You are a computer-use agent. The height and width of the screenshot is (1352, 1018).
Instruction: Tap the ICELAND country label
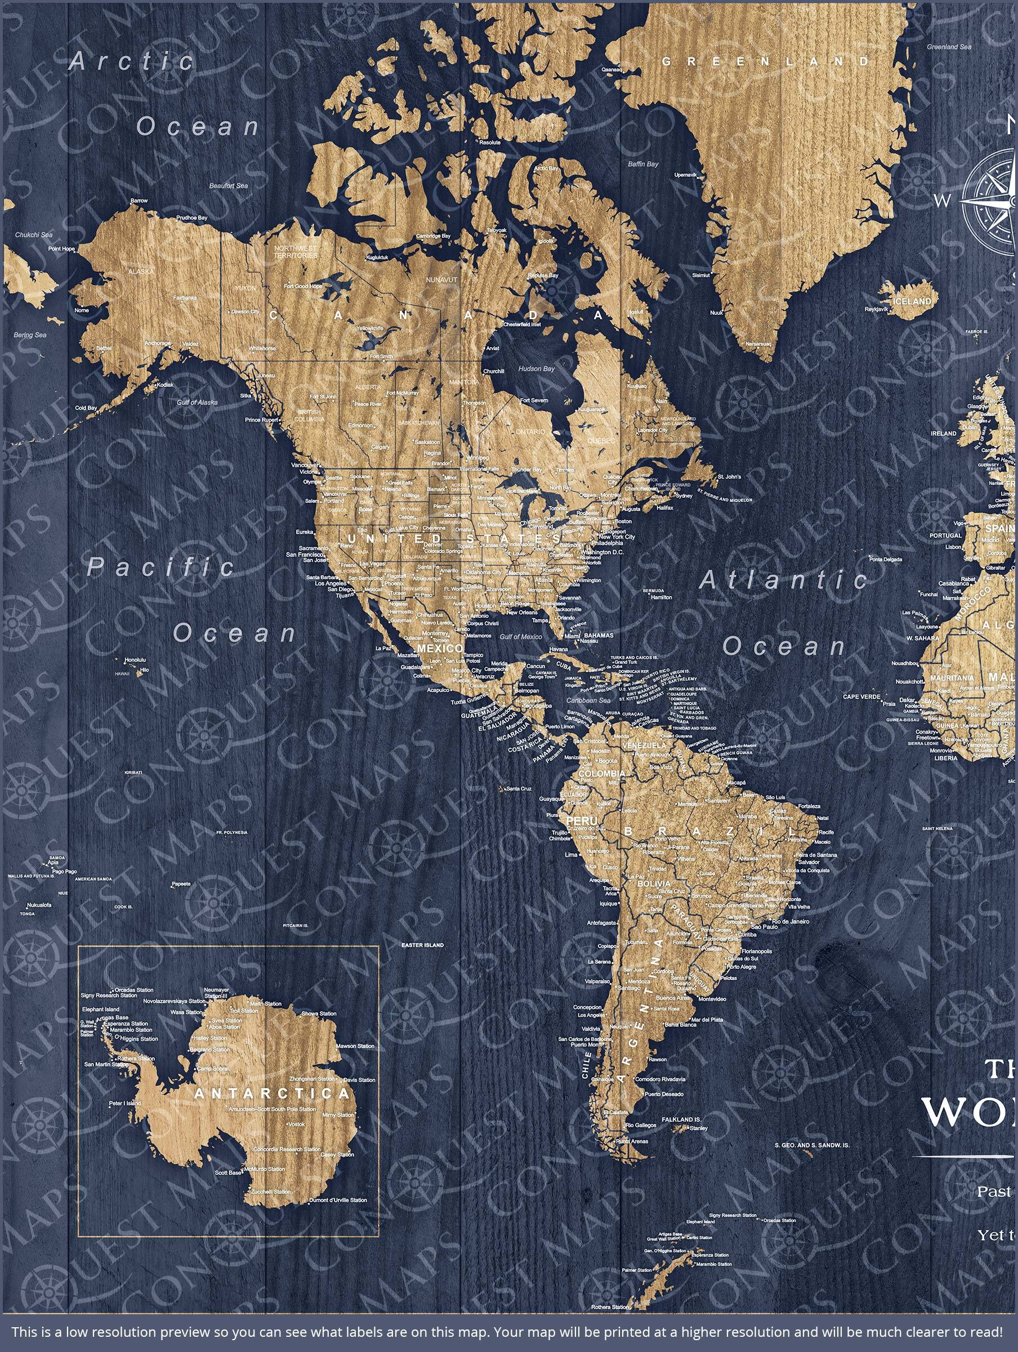pos(912,301)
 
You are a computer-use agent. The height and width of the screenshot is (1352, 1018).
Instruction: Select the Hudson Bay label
pos(536,368)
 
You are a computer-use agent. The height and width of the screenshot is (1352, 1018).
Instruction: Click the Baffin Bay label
pos(643,164)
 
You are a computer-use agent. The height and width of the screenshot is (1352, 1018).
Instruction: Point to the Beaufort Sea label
pos(228,186)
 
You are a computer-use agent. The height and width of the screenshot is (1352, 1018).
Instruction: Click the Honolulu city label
pos(135,660)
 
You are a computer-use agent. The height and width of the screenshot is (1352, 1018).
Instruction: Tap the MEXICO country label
pos(439,648)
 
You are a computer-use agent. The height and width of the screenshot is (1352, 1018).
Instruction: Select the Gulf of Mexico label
pos(521,636)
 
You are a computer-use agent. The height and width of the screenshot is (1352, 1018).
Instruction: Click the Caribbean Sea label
pos(588,700)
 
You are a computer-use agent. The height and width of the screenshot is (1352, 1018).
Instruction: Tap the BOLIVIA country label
pos(654,884)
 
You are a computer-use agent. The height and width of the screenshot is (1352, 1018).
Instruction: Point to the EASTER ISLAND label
pos(422,945)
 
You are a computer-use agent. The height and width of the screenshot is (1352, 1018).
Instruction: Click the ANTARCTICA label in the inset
pos(272,1093)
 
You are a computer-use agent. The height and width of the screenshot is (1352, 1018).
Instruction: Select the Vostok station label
pos(296,1124)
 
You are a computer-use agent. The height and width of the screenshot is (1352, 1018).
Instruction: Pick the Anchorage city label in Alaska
pos(158,344)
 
